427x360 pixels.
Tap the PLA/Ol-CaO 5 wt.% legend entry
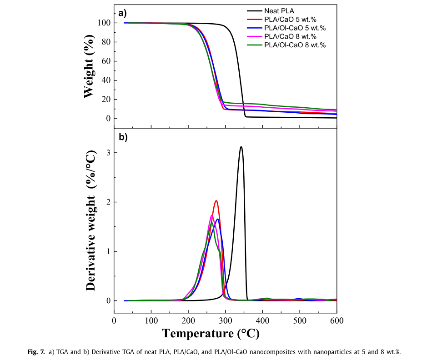click(295, 28)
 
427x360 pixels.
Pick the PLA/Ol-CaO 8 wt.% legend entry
click(295, 45)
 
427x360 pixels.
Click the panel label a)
click(122, 13)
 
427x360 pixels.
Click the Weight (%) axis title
click(89, 68)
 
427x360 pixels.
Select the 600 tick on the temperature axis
click(337, 320)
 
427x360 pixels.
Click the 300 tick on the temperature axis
click(225, 320)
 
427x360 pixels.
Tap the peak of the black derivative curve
click(241, 147)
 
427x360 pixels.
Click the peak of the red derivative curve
click(216, 200)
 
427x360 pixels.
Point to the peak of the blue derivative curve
click(218, 219)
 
